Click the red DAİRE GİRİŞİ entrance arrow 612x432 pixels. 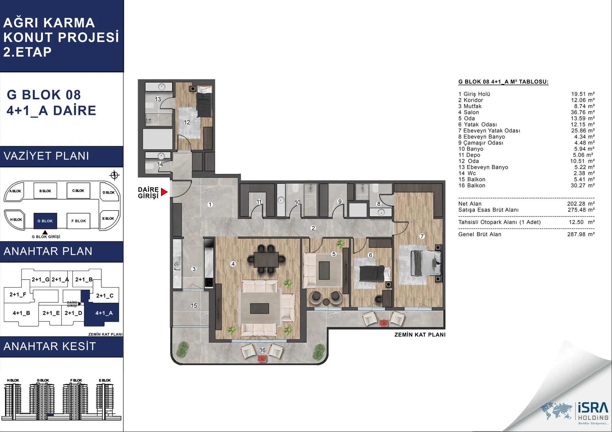click(164, 192)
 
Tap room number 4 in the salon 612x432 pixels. click(233, 264)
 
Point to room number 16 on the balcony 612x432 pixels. click(263, 350)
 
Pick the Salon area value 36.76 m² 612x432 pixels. click(583, 112)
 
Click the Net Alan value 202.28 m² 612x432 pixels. click(581, 204)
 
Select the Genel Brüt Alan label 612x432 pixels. click(480, 234)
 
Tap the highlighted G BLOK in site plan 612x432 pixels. click(45, 221)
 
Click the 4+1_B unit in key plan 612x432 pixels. click(21, 313)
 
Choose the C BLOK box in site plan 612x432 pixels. click(78, 191)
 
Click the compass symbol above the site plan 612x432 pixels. click(114, 175)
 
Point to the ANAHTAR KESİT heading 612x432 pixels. click(50, 346)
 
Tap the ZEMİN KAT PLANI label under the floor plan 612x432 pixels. click(420, 335)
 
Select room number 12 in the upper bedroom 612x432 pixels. click(187, 122)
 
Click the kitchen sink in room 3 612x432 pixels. click(177, 264)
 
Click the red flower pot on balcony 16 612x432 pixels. click(262, 358)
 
